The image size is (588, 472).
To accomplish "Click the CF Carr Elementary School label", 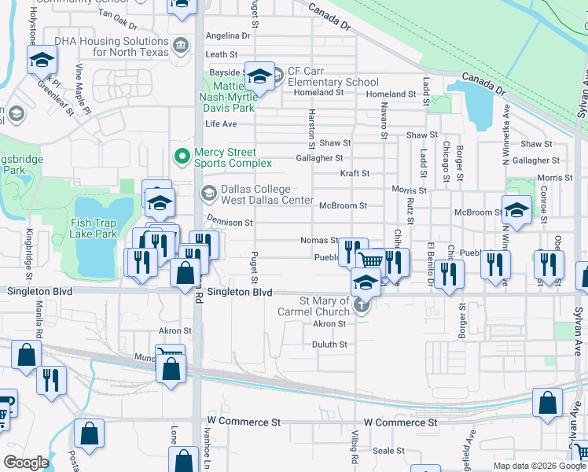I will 333,76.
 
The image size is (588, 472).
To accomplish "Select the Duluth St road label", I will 329,345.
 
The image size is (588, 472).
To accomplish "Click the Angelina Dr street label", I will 227,36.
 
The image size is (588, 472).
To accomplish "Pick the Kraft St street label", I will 355,173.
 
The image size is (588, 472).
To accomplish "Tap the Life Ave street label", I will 221,124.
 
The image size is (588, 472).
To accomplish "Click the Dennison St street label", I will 230,223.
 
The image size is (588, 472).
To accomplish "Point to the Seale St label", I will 388,451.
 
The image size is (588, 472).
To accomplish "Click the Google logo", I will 26,463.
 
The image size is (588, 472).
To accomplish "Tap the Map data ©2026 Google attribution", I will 538,466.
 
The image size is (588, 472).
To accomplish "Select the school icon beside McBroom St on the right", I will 516,210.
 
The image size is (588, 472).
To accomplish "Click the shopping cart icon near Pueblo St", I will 370,259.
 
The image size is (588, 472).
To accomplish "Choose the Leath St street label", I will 222,55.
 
